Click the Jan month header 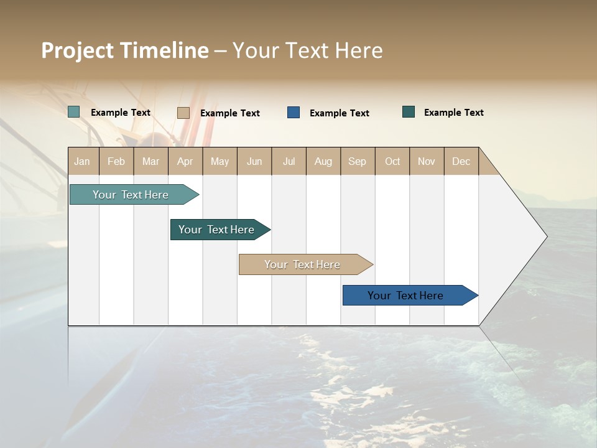[x=82, y=161]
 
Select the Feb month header [x=116, y=161]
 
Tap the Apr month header [x=185, y=161]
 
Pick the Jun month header [x=254, y=161]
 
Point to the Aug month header [x=323, y=161]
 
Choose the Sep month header [x=357, y=161]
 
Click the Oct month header [x=392, y=161]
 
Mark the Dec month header [x=461, y=161]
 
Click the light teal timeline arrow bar [x=131, y=195]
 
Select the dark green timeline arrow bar [x=216, y=230]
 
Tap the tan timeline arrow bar [x=302, y=264]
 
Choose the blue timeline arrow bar [x=405, y=296]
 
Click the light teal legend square [x=73, y=112]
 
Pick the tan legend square [x=183, y=113]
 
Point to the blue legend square [x=294, y=113]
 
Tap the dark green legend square [x=409, y=112]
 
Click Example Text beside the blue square [x=340, y=113]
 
